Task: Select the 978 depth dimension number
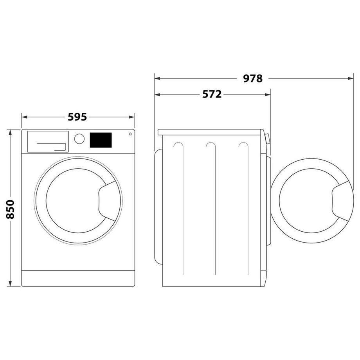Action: pos(252,78)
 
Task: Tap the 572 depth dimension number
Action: pos(212,94)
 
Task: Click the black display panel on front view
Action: pos(101,140)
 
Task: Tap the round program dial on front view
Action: pos(79,139)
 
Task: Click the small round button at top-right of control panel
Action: pos(130,133)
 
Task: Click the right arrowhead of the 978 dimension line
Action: pos(351,78)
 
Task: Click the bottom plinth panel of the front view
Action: pos(78,278)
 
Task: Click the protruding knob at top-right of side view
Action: pos(267,139)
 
